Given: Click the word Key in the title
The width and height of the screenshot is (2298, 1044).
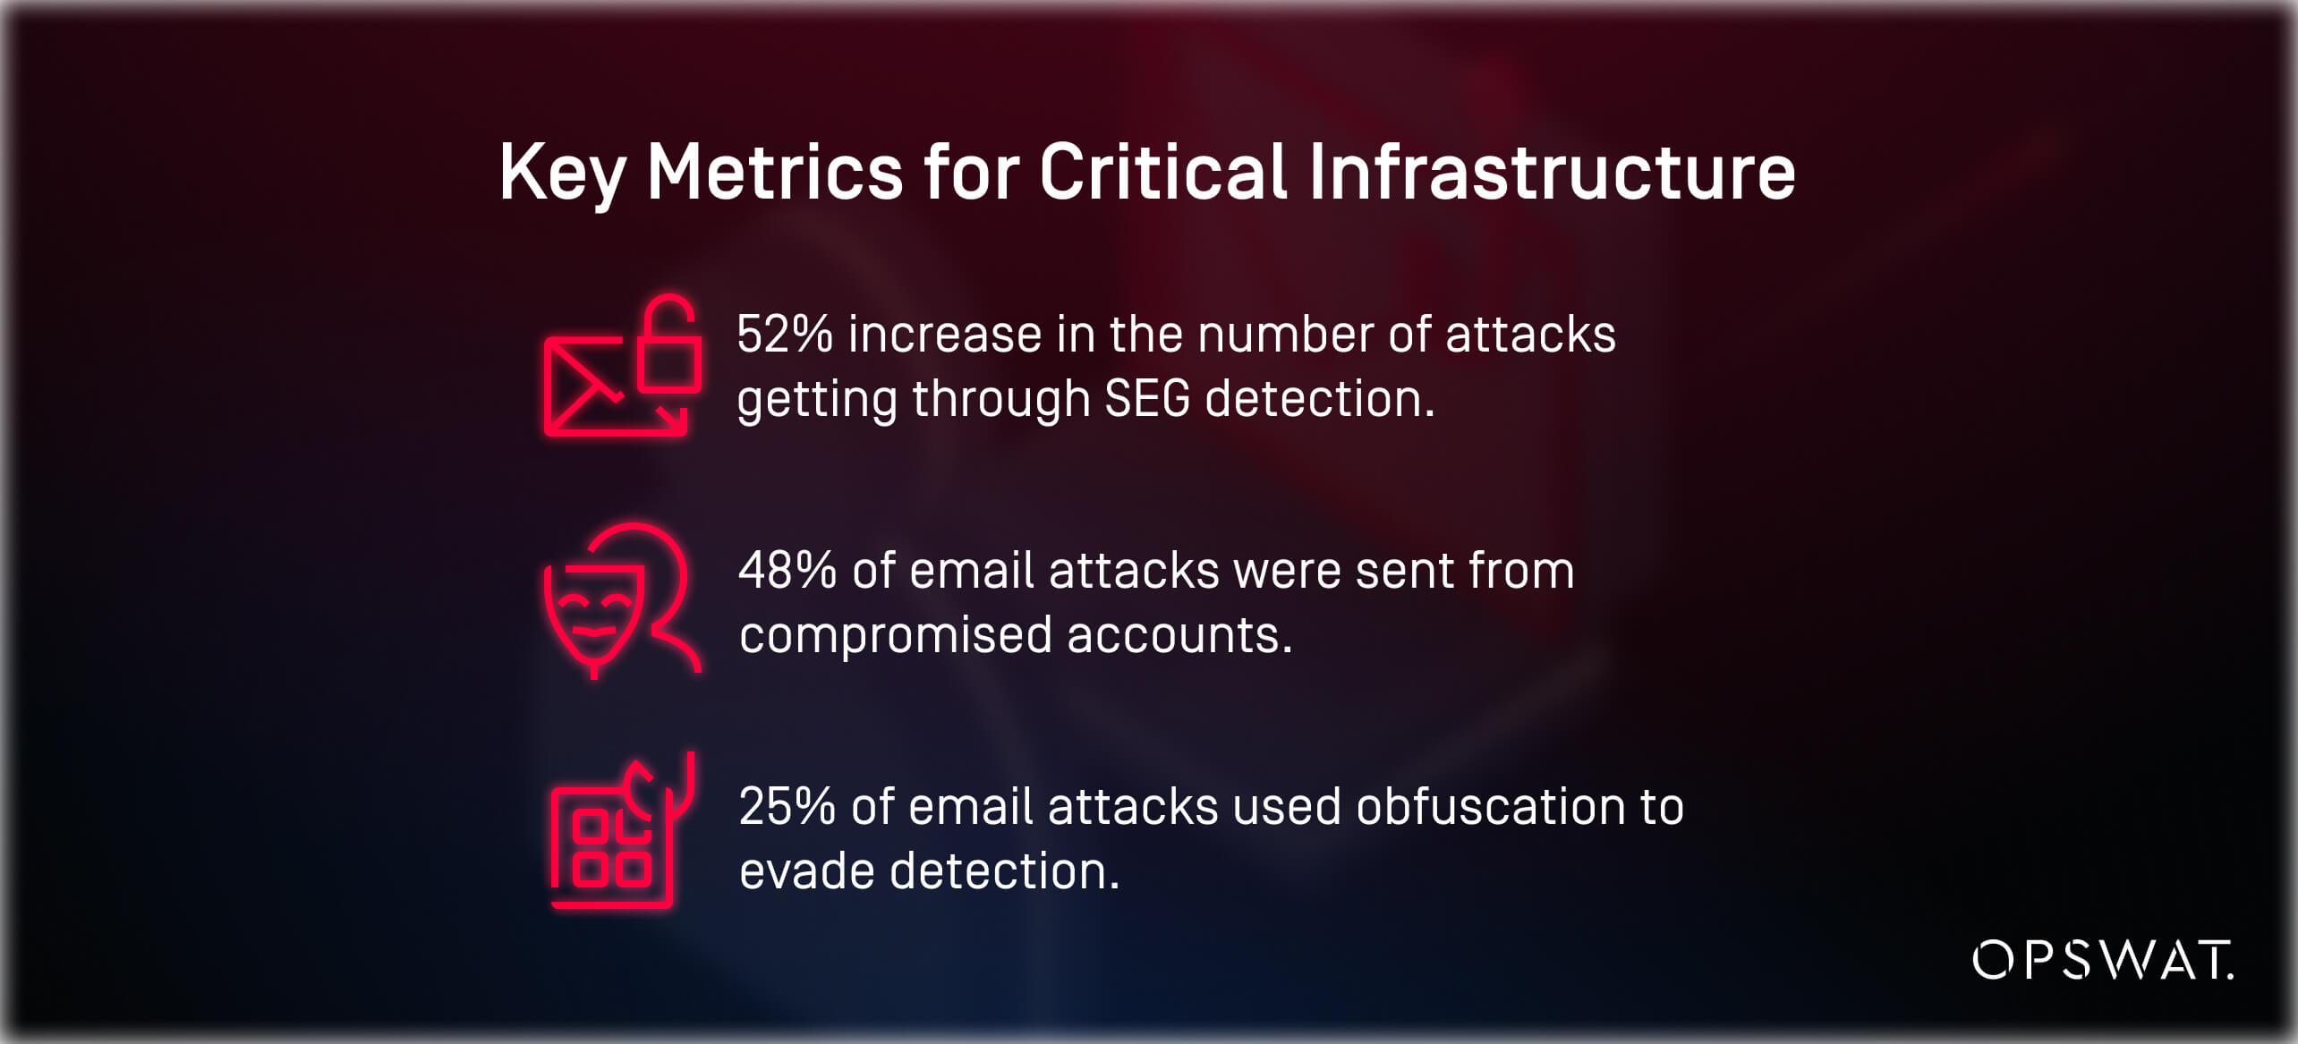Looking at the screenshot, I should (x=561, y=172).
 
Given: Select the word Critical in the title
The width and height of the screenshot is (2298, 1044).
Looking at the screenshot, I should (x=1162, y=172).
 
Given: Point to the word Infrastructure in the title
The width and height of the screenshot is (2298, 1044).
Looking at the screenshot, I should (x=1552, y=172).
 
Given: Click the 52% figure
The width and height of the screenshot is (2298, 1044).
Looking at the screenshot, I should (x=785, y=335).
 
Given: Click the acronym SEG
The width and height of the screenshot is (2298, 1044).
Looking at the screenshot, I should (x=1147, y=399).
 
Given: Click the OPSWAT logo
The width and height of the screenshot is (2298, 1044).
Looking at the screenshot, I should (x=2102, y=961).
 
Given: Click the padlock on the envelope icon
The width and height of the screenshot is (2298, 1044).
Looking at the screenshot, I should (x=668, y=345).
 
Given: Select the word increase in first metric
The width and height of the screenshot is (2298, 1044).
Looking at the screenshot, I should (x=945, y=335).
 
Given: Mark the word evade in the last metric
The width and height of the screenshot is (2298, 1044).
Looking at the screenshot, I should (x=807, y=871).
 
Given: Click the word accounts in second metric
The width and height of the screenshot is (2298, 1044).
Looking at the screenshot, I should (x=1179, y=635).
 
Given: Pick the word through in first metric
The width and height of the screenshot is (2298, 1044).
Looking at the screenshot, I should (x=1001, y=399).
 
